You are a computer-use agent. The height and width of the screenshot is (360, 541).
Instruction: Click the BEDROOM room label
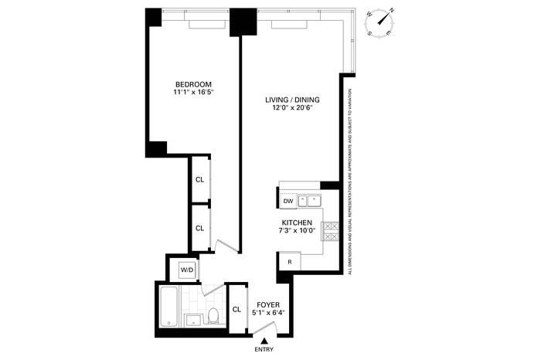pos(193,84)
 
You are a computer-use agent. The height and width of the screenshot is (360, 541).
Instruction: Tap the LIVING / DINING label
pos(292,100)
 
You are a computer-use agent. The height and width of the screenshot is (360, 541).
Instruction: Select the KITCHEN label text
pos(297,222)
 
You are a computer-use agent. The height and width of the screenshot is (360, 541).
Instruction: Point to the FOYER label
pos(268,305)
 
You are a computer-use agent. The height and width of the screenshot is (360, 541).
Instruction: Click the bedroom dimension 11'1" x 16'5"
pos(193,92)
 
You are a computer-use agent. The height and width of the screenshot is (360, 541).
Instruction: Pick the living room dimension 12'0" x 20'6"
pos(292,107)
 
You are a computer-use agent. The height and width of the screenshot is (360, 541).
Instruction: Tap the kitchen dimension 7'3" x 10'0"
pos(297,231)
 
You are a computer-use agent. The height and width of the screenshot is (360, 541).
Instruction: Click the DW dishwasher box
pos(288,201)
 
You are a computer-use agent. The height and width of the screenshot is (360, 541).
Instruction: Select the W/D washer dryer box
pos(187,270)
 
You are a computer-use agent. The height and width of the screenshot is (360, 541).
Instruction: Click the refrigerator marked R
pos(290,262)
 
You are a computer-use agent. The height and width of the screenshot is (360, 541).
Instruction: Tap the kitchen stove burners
pos(330,232)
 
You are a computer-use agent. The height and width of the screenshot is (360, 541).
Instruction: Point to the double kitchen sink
pos(309,200)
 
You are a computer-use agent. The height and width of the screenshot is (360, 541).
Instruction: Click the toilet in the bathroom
pos(213,315)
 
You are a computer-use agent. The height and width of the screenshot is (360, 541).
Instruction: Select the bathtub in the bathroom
pos(169,307)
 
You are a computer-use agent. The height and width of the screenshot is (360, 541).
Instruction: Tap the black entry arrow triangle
pos(264,341)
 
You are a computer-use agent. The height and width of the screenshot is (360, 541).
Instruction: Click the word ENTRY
pos(264,349)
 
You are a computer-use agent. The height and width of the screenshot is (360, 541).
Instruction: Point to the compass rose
pos(380,22)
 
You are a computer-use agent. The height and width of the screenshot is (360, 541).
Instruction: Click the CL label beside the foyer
pos(236,310)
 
